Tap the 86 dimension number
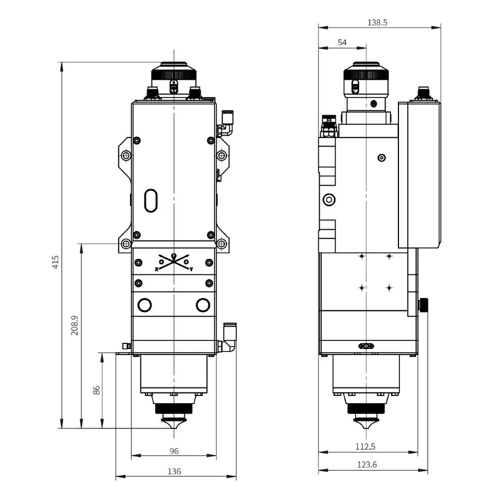96,389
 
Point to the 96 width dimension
174,451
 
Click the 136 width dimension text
174,472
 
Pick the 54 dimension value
342,43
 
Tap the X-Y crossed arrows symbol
174,261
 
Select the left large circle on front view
144,305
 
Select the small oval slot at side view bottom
366,346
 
